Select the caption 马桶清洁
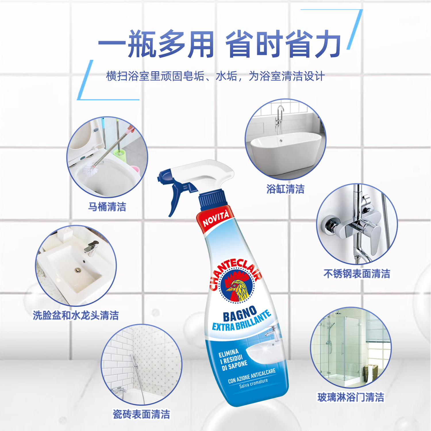point(107,207)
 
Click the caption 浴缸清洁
point(285,189)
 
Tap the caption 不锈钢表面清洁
point(357,274)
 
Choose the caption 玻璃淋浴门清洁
point(351,397)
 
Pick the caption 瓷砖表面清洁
point(141,414)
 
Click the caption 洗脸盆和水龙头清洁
point(76,315)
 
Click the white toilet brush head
point(89,170)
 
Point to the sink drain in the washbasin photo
point(77,270)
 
